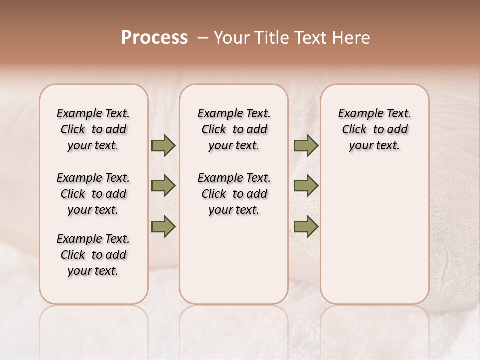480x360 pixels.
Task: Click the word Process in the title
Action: coord(154,37)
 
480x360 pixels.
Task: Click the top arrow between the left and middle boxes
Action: coord(163,146)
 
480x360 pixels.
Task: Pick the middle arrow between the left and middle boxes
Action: coord(163,186)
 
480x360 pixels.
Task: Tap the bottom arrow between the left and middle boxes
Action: coord(163,227)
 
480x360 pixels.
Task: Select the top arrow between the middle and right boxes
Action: coord(306,146)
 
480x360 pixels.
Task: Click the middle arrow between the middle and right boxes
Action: coord(306,186)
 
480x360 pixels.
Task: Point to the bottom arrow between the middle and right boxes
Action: coord(306,227)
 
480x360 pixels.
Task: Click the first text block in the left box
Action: coord(93,129)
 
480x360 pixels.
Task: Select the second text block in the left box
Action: coord(93,194)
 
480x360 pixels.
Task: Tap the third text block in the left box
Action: coord(93,255)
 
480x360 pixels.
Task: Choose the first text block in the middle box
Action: coord(234,129)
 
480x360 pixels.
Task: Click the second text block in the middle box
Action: coord(234,194)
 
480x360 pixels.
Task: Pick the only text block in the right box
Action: coord(374,129)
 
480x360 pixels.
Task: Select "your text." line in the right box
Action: coord(374,146)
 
